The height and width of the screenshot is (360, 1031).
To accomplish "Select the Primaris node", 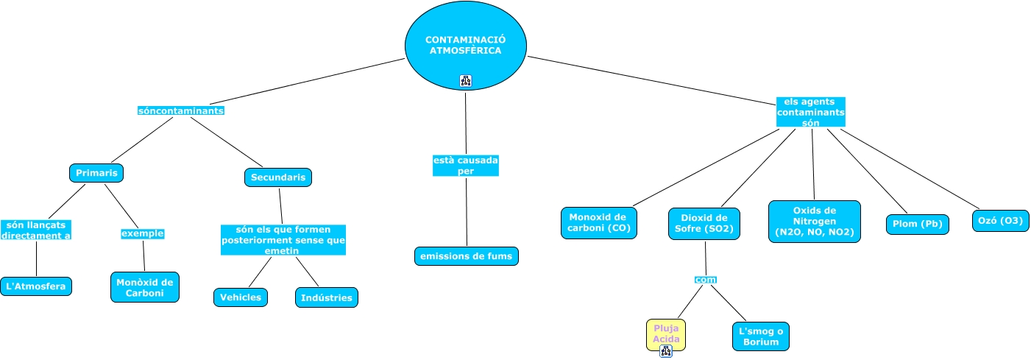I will point(96,173).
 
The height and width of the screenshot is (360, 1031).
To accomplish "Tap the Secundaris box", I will point(277,177).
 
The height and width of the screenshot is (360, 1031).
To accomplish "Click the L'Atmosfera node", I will point(36,286).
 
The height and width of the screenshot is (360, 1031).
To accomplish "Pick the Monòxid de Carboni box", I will point(145,287).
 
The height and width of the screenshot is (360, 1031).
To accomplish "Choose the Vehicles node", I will point(241,297).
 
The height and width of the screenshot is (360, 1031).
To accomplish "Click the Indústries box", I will point(327,297).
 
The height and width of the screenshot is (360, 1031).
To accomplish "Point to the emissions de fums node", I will point(467,256).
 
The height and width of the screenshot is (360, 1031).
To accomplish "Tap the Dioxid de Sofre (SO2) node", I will point(704,223).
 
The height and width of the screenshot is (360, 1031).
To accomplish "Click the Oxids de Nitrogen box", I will point(814,222).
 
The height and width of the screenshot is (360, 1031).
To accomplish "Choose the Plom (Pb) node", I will point(917,225).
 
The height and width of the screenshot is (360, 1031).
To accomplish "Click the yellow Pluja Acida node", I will point(666,333).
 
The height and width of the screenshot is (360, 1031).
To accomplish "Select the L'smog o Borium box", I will point(761,336).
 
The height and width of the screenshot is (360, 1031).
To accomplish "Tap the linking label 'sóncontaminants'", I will point(180,110).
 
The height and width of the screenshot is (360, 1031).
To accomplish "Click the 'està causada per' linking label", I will point(466,165).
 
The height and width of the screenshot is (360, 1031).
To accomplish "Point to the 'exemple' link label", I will point(142,234).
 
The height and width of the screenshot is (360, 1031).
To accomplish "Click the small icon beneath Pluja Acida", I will point(666,351).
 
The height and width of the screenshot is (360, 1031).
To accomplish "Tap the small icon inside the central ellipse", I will point(466,81).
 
